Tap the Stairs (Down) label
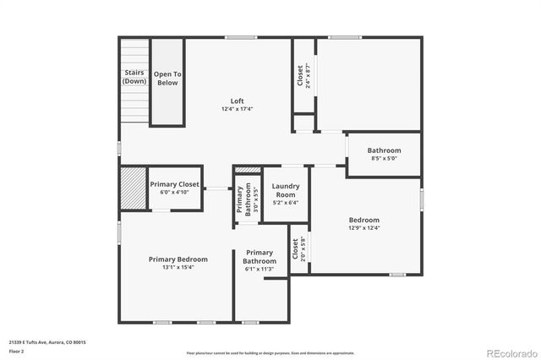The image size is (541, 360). pyautogui.click(x=134, y=77)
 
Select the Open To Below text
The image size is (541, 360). pyautogui.click(x=167, y=79)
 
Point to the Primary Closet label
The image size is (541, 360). pyautogui.click(x=174, y=184)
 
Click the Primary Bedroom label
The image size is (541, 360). pyautogui.click(x=178, y=259)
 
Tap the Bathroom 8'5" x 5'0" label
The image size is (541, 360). pyautogui.click(x=384, y=150)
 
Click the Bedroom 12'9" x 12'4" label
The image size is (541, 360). pyautogui.click(x=363, y=219)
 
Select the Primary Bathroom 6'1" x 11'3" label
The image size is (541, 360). pyautogui.click(x=260, y=257)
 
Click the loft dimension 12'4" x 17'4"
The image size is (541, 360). pyautogui.click(x=237, y=109)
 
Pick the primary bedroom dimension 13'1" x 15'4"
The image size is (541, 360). pyautogui.click(x=178, y=267)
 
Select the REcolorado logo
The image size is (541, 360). pyautogui.click(x=511, y=351)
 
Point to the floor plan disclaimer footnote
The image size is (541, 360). pyautogui.click(x=270, y=352)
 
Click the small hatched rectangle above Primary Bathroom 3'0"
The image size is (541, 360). pyautogui.click(x=247, y=170)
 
